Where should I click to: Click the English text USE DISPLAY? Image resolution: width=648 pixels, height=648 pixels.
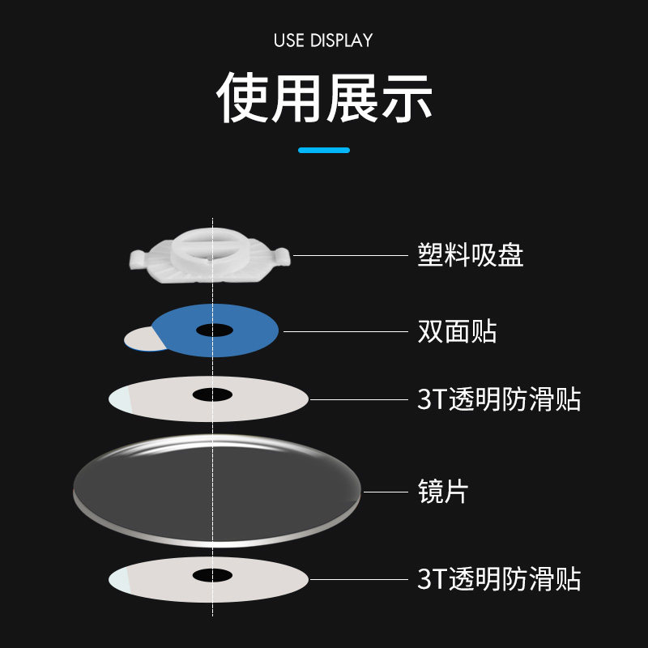323,40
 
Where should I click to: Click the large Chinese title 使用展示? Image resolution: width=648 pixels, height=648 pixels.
324,99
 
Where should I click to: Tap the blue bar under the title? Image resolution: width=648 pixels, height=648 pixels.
324,150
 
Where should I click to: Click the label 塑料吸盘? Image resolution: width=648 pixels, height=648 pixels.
471,255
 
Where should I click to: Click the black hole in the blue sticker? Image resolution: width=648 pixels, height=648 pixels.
214,330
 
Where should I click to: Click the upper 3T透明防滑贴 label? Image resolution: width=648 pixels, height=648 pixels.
499,399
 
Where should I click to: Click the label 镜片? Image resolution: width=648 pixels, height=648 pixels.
443,491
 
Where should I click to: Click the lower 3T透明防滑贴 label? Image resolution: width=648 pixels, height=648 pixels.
499,579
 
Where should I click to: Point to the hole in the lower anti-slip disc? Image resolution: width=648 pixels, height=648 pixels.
212,575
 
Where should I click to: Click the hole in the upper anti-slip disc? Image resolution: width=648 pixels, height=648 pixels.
212,394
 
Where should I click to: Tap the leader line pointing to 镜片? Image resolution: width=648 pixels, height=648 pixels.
385,491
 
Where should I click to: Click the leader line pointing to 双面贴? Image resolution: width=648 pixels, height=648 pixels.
344,331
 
